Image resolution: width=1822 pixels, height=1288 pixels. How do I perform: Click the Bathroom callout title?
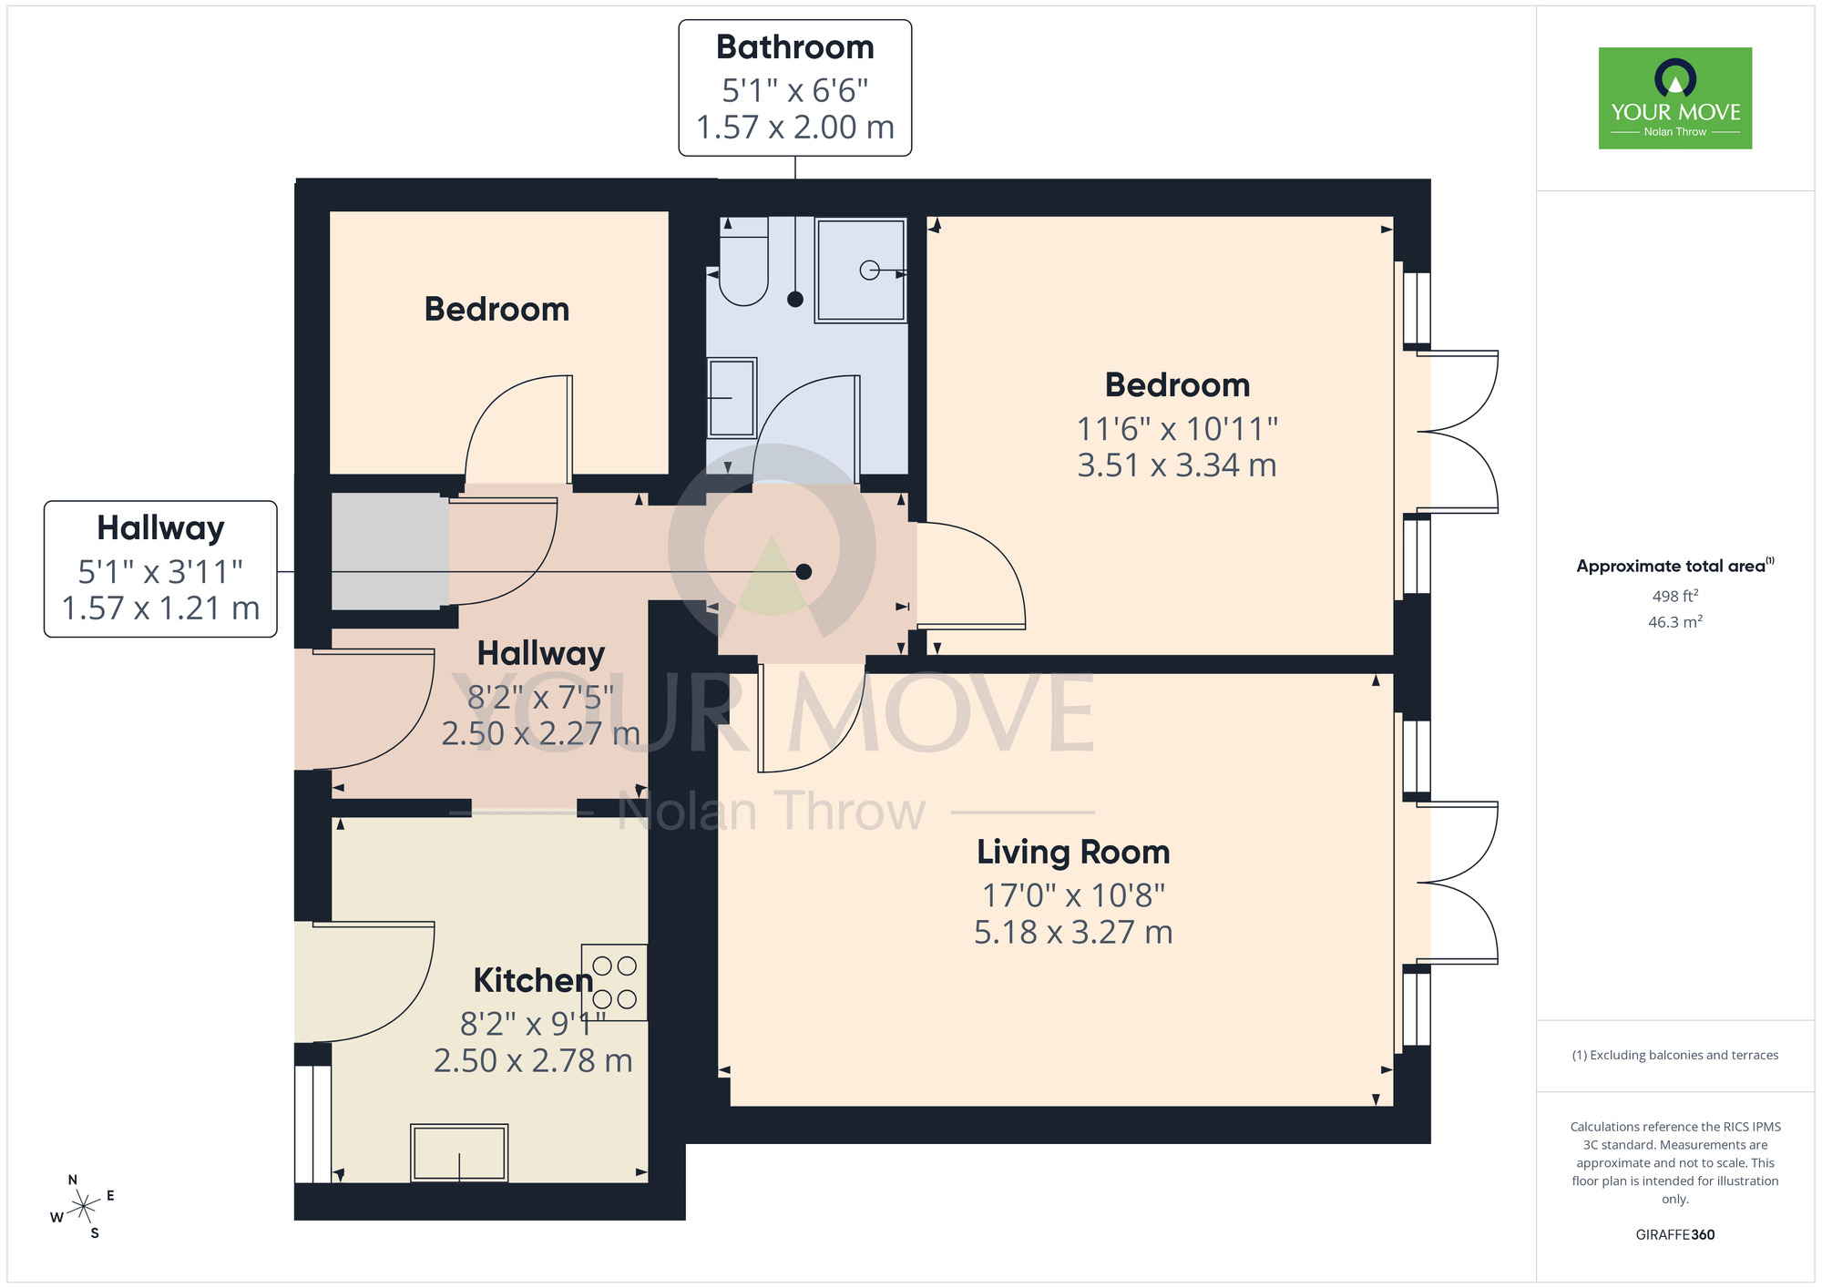pyautogui.click(x=794, y=47)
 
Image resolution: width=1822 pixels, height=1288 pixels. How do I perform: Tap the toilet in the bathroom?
pyautogui.click(x=743, y=264)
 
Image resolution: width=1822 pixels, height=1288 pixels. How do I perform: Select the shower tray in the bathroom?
pyautogui.click(x=860, y=270)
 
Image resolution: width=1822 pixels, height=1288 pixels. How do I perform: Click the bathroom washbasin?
pyautogui.click(x=732, y=398)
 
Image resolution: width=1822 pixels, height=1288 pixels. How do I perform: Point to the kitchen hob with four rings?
pyautogui.click(x=615, y=982)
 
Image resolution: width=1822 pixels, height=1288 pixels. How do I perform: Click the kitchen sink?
pyautogui.click(x=459, y=1153)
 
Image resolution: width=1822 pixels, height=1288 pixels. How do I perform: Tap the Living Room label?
pyautogui.click(x=1073, y=852)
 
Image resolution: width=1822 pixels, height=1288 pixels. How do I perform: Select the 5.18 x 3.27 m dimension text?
pyautogui.click(x=1073, y=932)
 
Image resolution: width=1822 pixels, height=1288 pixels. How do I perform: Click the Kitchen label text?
pyautogui.click(x=533, y=980)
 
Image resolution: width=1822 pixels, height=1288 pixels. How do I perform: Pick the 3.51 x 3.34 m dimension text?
pyautogui.click(x=1176, y=465)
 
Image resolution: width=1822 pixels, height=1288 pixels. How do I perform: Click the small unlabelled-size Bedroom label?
pyautogui.click(x=496, y=309)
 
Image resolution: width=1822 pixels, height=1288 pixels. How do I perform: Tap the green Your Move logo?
pyautogui.click(x=1674, y=98)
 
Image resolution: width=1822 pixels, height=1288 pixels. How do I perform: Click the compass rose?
pyautogui.click(x=83, y=1206)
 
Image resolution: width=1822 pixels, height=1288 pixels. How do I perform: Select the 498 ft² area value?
pyautogui.click(x=1674, y=596)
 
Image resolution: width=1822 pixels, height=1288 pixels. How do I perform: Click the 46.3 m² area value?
pyautogui.click(x=1674, y=622)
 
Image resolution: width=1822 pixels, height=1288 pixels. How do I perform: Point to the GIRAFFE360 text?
pyautogui.click(x=1674, y=1235)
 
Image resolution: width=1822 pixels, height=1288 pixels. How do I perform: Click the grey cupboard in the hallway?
pyautogui.click(x=390, y=551)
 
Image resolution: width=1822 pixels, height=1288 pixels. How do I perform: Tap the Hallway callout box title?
pyautogui.click(x=160, y=528)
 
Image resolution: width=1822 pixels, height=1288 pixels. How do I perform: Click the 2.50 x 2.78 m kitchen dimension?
pyautogui.click(x=533, y=1060)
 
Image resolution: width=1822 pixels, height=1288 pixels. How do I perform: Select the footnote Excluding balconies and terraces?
pyautogui.click(x=1674, y=1055)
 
